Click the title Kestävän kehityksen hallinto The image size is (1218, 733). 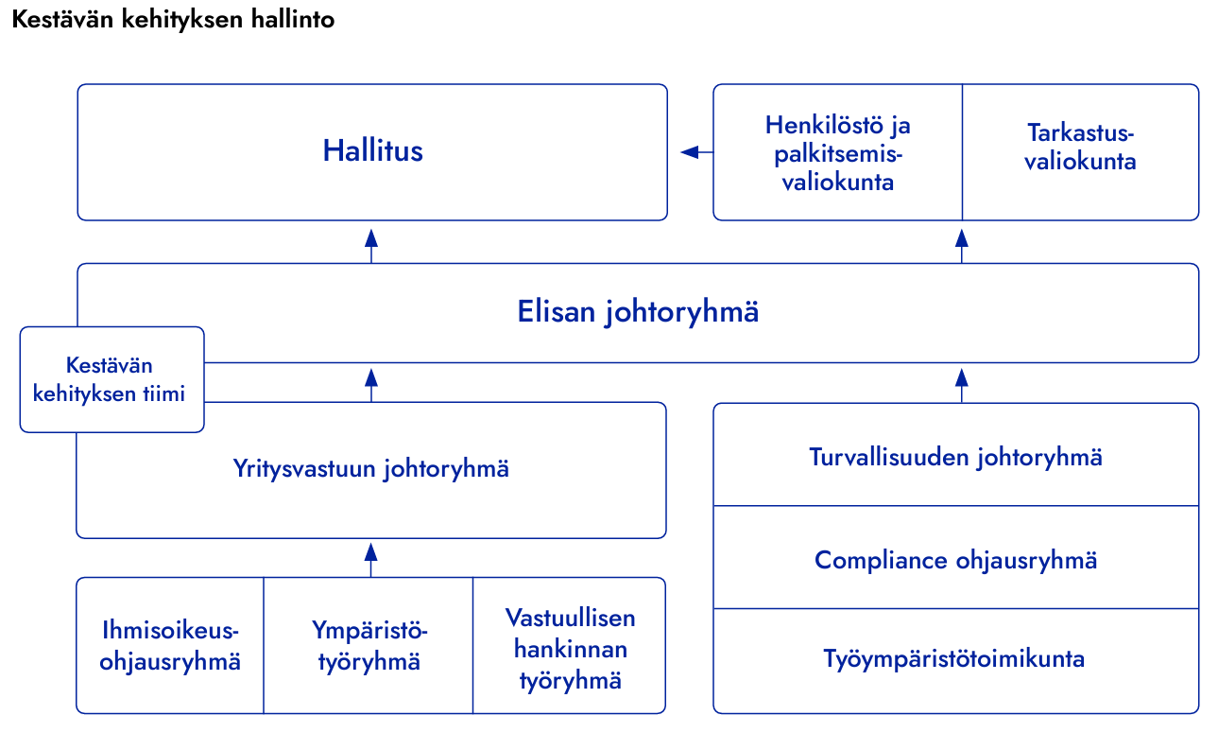pyautogui.click(x=173, y=20)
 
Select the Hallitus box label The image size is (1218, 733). pyautogui.click(x=372, y=150)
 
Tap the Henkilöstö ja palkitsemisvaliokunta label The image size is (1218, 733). pyautogui.click(x=838, y=153)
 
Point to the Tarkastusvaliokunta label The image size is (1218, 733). pyautogui.click(x=1080, y=147)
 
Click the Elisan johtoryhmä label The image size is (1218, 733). pyautogui.click(x=638, y=312)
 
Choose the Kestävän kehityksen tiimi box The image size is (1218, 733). pyautogui.click(x=112, y=379)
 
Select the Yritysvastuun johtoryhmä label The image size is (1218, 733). pyautogui.click(x=370, y=469)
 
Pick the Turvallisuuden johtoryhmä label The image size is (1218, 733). pyautogui.click(x=955, y=458)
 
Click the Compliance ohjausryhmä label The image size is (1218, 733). pyautogui.click(x=955, y=561)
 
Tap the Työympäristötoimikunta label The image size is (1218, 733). pyautogui.click(x=953, y=659)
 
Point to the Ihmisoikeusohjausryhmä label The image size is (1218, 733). pyautogui.click(x=170, y=646)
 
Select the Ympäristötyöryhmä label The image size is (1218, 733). pyautogui.click(x=369, y=646)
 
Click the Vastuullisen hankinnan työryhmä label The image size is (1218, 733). pyautogui.click(x=570, y=649)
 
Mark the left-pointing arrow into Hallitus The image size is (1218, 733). pyautogui.click(x=696, y=152)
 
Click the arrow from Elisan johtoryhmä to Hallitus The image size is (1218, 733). pyautogui.click(x=371, y=246)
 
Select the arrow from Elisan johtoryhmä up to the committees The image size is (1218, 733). pyautogui.click(x=961, y=246)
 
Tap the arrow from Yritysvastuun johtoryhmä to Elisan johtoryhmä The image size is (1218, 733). pyautogui.click(x=371, y=385)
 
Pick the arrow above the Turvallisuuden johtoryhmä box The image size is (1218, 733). pyautogui.click(x=961, y=386)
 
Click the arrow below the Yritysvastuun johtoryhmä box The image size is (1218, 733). pyautogui.click(x=370, y=560)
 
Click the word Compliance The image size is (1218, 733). pyautogui.click(x=881, y=561)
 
